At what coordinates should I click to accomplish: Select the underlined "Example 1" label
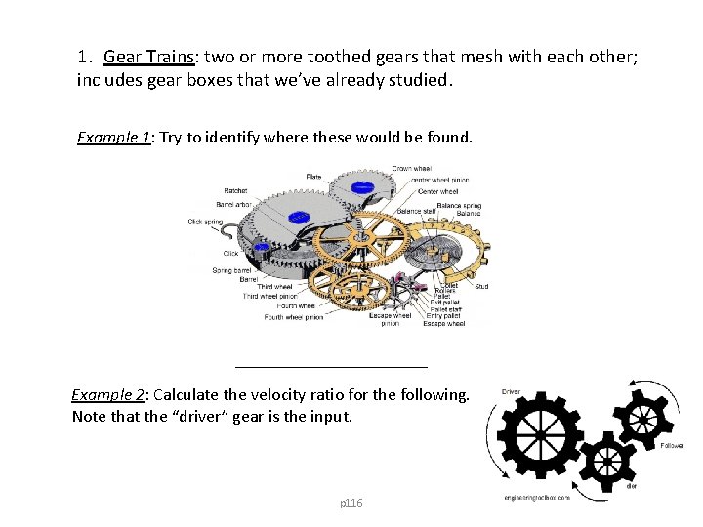[x=113, y=137]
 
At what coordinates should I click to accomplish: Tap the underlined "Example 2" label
[x=107, y=394]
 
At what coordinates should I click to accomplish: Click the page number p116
[x=351, y=503]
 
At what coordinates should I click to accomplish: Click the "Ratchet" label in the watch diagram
[x=235, y=190]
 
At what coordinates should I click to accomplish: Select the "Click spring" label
[x=205, y=222]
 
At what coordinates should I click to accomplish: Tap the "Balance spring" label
[x=458, y=206]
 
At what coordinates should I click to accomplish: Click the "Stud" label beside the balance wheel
[x=481, y=287]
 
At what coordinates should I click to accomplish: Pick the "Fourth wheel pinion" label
[x=293, y=317]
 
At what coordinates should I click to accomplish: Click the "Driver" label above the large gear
[x=511, y=391]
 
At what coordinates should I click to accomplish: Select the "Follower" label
[x=671, y=445]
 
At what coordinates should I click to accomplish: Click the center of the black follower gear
[x=641, y=419]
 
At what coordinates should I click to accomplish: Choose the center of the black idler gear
[x=606, y=459]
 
